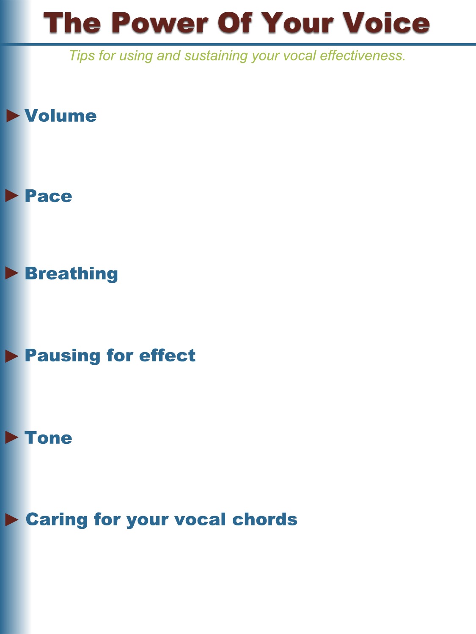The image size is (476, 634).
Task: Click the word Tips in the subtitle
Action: (x=82, y=56)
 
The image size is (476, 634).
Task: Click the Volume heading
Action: (x=61, y=116)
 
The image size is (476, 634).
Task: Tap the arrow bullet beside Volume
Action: (x=13, y=116)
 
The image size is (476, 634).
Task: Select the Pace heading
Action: (x=48, y=196)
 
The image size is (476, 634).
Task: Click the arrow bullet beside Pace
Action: (x=12, y=196)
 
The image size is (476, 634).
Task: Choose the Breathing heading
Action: (x=72, y=274)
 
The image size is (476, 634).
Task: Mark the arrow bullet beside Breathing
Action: (x=12, y=273)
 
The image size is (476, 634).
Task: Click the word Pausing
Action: (x=63, y=356)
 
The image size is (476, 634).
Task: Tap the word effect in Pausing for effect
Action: (x=167, y=355)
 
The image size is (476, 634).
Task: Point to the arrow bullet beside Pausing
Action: (x=12, y=356)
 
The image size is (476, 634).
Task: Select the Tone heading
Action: (x=48, y=437)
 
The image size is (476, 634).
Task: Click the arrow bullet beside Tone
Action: (x=12, y=437)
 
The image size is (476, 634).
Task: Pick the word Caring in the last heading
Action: (x=57, y=520)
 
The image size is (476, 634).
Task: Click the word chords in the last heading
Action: (x=265, y=519)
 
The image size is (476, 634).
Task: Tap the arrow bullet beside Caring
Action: (x=12, y=519)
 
